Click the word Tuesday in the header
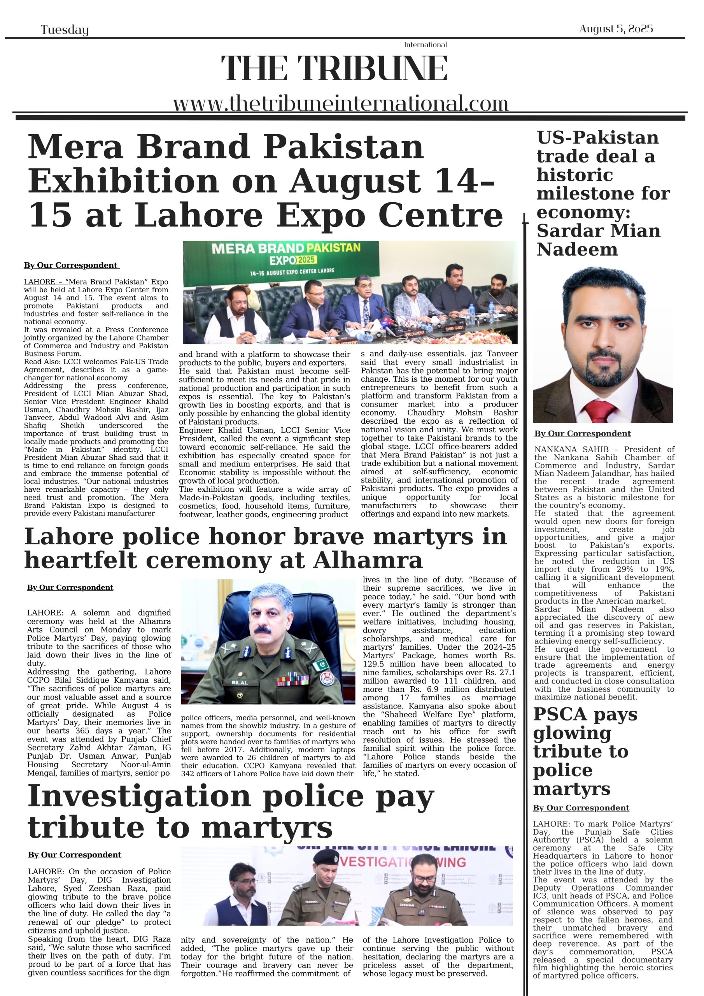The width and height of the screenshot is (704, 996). [x=65, y=30]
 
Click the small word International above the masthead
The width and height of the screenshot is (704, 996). [x=425, y=45]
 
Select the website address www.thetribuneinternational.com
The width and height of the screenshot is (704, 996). [x=340, y=104]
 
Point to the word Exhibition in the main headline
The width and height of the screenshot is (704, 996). [x=124, y=181]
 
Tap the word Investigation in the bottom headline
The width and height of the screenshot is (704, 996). [x=139, y=796]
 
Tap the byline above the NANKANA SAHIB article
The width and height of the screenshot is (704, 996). [x=582, y=434]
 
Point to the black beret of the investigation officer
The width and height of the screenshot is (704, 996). [x=325, y=857]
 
